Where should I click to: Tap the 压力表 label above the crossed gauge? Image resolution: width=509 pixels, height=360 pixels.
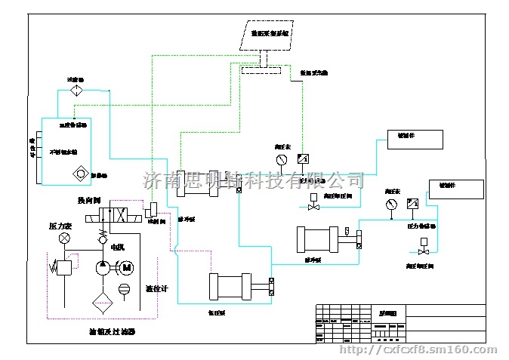click(x=60, y=226)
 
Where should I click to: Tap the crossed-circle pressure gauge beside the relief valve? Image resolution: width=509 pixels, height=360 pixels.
click(x=64, y=238)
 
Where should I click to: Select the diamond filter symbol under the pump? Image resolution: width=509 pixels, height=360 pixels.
click(x=102, y=303)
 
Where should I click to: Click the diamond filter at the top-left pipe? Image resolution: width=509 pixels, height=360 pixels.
click(x=75, y=91)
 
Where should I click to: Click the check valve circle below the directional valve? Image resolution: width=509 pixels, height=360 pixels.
click(x=101, y=239)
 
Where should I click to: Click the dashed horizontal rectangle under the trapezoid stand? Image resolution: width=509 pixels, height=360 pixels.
click(x=261, y=70)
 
